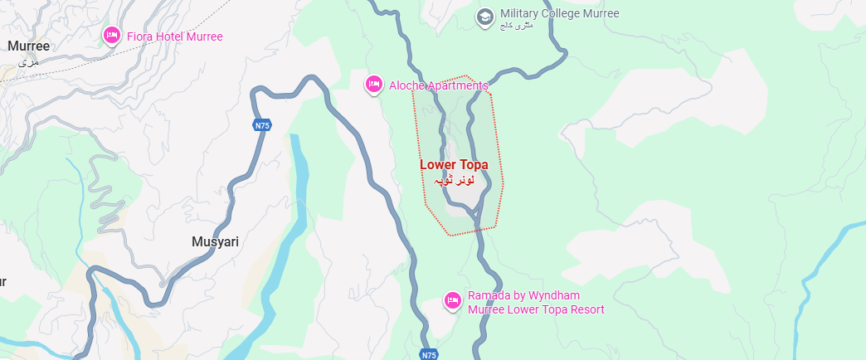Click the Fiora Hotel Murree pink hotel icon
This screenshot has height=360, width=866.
111,35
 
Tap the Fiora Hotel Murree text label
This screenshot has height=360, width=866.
174,36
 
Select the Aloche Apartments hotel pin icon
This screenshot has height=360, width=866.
374,84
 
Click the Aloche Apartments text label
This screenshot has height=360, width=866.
438,85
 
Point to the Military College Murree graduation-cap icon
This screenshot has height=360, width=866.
484,16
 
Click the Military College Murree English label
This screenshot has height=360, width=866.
559,14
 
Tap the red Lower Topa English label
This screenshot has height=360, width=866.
454,165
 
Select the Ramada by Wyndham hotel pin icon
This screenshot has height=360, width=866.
452,299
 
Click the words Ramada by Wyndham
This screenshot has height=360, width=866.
523,295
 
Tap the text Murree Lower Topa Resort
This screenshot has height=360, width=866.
536,309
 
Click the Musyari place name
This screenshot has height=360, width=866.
215,242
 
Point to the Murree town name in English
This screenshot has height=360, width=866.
28,46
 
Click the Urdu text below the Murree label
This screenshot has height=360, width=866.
28,61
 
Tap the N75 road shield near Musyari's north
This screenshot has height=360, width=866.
262,125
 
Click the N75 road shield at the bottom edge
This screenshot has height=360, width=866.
428,354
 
